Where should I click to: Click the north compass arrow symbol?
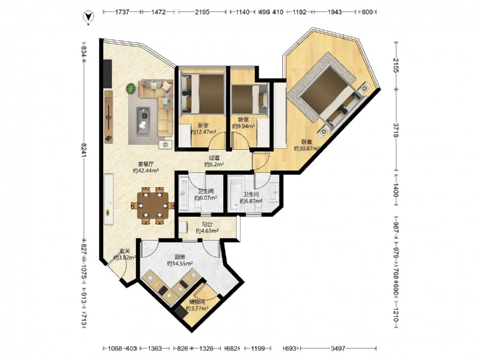88,16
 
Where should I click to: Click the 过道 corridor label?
214,158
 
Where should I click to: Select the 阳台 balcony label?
207,224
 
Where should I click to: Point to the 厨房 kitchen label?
180,257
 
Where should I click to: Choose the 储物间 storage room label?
197,302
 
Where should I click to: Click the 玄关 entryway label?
125,251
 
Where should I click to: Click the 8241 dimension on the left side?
84,150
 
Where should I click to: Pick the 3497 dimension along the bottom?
338,348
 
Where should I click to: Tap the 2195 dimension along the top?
202,12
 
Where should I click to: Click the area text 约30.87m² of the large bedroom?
307,148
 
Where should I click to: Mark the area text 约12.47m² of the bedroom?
203,132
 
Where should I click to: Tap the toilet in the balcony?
183,228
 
